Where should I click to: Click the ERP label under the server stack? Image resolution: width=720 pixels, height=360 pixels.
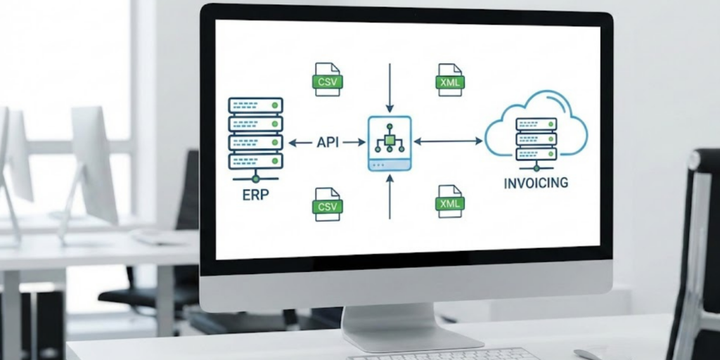pyautogui.click(x=256, y=194)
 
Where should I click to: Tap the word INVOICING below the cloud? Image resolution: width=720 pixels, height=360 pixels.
pyautogui.click(x=536, y=184)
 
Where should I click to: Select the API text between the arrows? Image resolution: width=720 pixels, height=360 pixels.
pyautogui.click(x=328, y=142)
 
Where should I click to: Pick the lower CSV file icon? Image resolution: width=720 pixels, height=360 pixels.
pyautogui.click(x=326, y=204)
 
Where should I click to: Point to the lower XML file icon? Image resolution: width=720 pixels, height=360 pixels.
pyautogui.click(x=449, y=201)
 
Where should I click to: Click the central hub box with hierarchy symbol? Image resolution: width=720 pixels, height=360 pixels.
pyautogui.click(x=389, y=143)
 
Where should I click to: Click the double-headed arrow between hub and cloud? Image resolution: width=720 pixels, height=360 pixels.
pyautogui.click(x=449, y=141)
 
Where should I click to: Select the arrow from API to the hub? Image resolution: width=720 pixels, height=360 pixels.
pyautogui.click(x=355, y=142)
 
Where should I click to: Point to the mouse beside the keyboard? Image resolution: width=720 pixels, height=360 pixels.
pyautogui.click(x=586, y=354)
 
